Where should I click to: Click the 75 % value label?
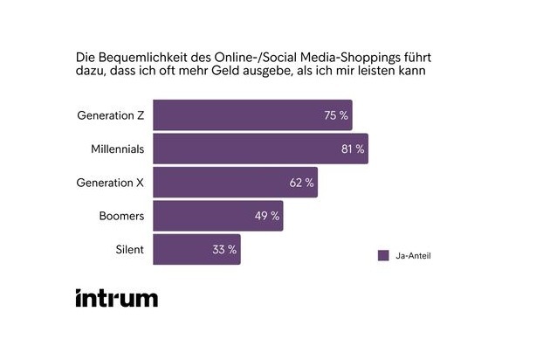click(336, 115)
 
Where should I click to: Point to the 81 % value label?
click(353, 149)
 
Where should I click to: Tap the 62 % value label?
click(301, 183)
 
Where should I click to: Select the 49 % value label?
click(267, 216)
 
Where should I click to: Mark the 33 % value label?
click(224, 249)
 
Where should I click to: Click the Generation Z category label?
click(111, 115)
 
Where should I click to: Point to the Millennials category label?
click(118, 149)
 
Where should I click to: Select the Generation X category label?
click(111, 183)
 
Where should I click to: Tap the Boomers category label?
click(121, 216)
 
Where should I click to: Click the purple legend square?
click(382, 255)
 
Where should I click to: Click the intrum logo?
click(117, 297)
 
